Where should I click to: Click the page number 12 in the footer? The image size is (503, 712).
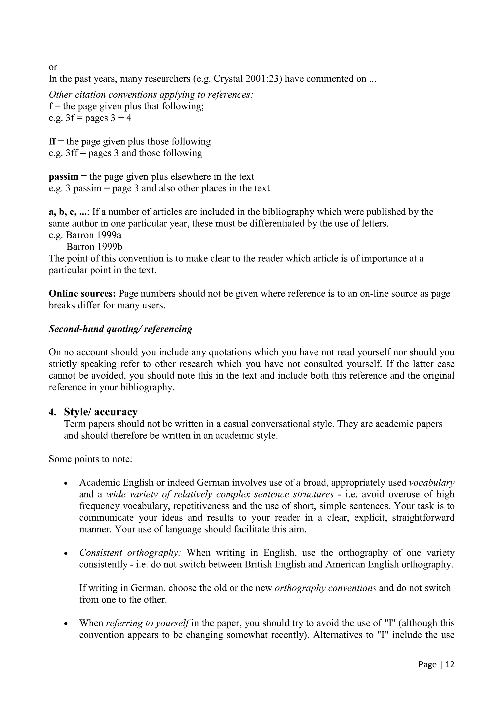(x=450, y=664)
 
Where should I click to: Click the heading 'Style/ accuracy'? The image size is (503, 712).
(x=101, y=412)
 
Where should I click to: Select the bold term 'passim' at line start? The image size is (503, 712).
(x=64, y=177)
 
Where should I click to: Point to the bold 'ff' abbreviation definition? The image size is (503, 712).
(x=52, y=142)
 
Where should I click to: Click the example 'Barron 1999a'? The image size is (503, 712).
(x=94, y=235)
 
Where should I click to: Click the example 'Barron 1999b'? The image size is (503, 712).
(x=94, y=247)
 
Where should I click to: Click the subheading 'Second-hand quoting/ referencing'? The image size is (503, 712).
(x=121, y=329)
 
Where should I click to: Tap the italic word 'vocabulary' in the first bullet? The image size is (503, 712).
(x=432, y=483)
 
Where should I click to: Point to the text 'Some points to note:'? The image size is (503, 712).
(x=90, y=459)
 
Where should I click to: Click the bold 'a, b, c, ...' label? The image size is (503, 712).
(x=68, y=212)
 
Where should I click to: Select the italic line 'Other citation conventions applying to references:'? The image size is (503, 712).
(x=151, y=95)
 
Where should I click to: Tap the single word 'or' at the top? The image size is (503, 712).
(x=53, y=67)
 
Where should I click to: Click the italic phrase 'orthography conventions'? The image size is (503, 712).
(x=325, y=588)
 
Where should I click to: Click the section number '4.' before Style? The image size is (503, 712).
(x=52, y=413)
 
